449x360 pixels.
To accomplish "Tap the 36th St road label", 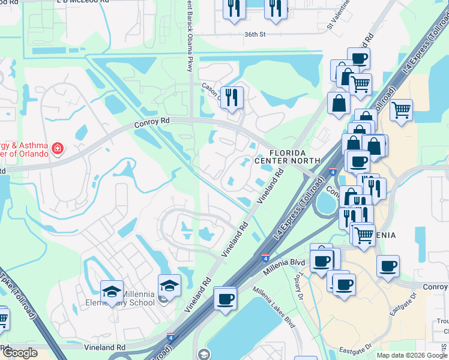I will pyautogui.click(x=255, y=35).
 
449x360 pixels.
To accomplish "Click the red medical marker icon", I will pyautogui.click(x=57, y=148).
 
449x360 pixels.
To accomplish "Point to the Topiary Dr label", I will pyautogui.click(x=303, y=289).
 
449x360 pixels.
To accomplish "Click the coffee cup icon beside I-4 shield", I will pyautogui.click(x=226, y=298).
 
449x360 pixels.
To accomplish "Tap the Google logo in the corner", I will pyautogui.click(x=20, y=353).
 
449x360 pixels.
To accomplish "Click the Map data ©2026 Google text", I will pyautogui.click(x=411, y=355).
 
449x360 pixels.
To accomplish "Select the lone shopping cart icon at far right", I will pyautogui.click(x=401, y=110).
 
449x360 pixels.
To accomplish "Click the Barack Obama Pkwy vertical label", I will pyautogui.click(x=187, y=30).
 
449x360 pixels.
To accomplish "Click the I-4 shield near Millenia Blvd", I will pyautogui.click(x=265, y=257).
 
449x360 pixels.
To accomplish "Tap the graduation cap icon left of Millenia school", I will pyautogui.click(x=112, y=292).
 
